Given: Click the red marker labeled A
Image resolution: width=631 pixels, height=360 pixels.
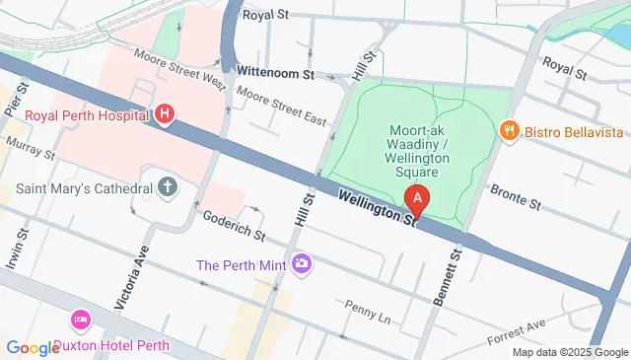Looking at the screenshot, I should point(418,201).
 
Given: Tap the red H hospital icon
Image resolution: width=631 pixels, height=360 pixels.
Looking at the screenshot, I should point(165,115).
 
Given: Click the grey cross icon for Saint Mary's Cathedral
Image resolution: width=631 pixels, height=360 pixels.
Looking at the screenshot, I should point(168,185).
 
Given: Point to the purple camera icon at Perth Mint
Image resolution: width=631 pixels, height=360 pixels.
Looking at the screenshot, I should point(302,263).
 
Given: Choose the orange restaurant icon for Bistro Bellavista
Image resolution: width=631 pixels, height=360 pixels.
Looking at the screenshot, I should point(509,131).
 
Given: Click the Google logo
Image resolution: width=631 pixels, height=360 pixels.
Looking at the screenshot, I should point(34,347).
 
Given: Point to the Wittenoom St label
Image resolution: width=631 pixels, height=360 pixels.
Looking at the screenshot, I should point(275,73).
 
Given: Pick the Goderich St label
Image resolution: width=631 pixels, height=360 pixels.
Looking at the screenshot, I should point(234,226).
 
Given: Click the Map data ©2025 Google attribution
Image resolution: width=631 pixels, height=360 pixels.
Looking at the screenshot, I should point(570,352).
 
